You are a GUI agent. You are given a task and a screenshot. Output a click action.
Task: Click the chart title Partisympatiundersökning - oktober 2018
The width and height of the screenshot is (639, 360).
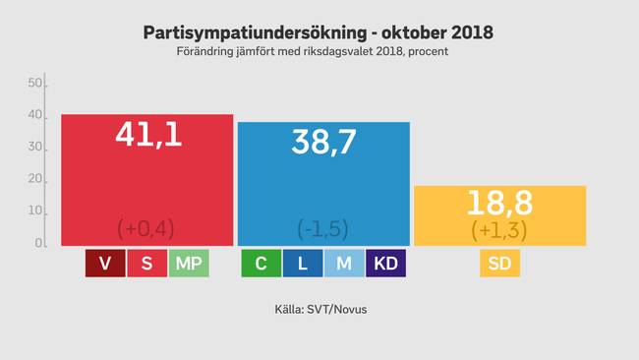click(319, 32)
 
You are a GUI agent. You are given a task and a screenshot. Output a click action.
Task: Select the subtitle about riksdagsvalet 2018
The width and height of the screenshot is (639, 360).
click(319, 51)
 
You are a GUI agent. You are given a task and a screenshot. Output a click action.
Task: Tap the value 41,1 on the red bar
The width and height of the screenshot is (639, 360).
click(146, 136)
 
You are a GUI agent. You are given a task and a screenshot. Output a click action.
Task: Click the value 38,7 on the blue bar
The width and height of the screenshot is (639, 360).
click(322, 143)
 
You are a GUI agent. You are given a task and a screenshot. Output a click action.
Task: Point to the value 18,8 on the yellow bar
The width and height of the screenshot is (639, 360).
click(500, 205)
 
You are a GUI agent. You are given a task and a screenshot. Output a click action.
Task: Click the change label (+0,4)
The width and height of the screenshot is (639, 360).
click(145, 228)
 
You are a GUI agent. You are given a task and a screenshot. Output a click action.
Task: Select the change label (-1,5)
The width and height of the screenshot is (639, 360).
click(322, 228)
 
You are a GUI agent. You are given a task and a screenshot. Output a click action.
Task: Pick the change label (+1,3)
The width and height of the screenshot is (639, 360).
click(500, 229)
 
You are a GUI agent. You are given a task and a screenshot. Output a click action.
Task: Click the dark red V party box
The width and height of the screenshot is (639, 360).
click(104, 264)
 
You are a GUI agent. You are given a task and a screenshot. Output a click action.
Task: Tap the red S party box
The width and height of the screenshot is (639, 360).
click(146, 264)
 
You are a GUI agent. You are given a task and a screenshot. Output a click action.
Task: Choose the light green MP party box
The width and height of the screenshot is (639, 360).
click(188, 264)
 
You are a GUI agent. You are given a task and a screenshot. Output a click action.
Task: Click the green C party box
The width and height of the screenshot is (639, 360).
click(261, 264)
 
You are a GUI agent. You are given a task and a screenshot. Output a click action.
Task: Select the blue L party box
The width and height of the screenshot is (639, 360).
click(302, 264)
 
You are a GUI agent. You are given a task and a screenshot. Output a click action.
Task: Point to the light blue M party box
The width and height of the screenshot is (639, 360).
click(343, 264)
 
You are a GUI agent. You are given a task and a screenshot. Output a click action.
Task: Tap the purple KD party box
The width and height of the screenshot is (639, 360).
click(385, 264)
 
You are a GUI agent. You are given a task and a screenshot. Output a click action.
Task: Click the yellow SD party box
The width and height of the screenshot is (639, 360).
click(499, 264)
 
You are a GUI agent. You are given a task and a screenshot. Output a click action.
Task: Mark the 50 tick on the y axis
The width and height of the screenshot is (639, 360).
click(34, 85)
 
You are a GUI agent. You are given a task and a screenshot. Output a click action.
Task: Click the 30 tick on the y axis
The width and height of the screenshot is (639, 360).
click(34, 148)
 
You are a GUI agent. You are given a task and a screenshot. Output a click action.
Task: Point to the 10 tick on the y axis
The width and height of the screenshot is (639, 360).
click(34, 210)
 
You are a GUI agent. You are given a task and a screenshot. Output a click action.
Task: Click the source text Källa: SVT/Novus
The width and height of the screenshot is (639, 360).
click(319, 310)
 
